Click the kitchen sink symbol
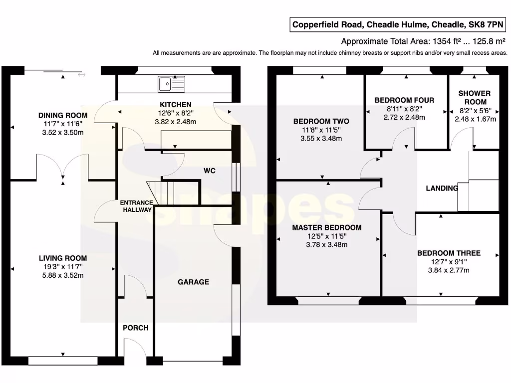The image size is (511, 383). click(x=171, y=84)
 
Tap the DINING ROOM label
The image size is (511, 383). click(x=63, y=115)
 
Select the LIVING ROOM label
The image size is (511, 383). click(x=63, y=258)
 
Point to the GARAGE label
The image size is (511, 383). click(x=194, y=282)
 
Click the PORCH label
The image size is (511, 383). click(x=136, y=328)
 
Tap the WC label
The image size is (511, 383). click(x=209, y=171)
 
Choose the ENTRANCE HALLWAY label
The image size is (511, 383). click(x=136, y=206)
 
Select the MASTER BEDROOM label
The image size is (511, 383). click(x=327, y=227)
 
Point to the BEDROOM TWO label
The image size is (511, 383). click(x=321, y=121)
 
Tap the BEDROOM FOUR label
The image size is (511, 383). click(x=404, y=100)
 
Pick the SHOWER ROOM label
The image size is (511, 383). click(x=474, y=97)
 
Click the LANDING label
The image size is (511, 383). click(x=442, y=188)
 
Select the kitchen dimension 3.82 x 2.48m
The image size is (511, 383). click(x=175, y=121)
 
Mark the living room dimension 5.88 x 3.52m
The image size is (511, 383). click(x=63, y=275)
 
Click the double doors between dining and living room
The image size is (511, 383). click(x=63, y=167)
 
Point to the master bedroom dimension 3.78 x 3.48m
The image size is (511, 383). click(x=327, y=244)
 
